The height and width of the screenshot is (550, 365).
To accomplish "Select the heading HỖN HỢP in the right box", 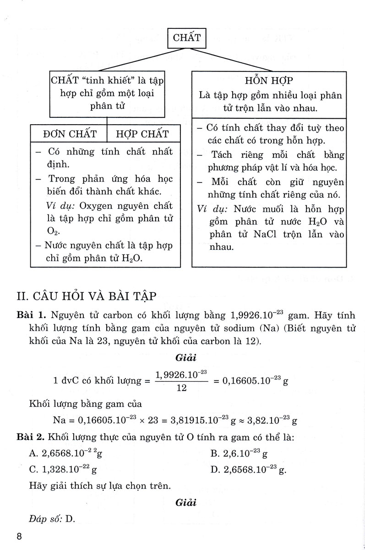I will [x=269, y=81].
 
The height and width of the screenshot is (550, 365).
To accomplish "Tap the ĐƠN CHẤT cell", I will [x=69, y=134].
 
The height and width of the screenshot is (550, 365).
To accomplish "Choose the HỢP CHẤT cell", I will [x=142, y=134].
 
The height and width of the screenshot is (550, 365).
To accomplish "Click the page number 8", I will [x=19, y=537].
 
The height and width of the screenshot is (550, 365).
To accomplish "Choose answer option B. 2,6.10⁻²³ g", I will [x=239, y=454].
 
